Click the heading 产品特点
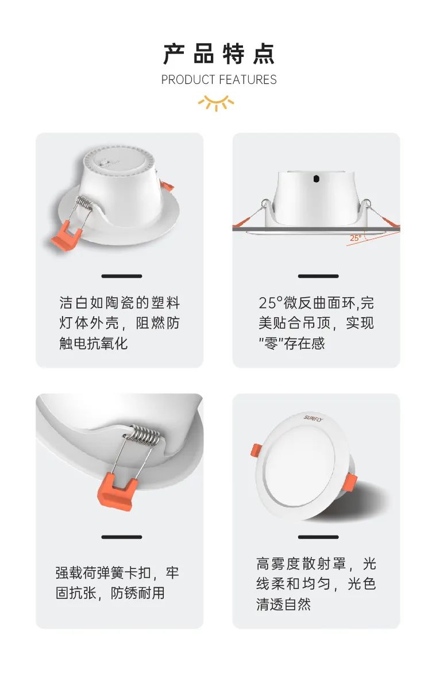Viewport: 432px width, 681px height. coord(219,54)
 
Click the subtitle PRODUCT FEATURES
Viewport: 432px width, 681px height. coord(219,80)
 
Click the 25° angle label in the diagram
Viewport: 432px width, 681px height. coord(356,238)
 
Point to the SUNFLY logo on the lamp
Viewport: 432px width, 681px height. coord(314,418)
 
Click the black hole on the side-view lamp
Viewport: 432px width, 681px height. coord(316,179)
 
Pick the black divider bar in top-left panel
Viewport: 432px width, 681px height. coord(122,276)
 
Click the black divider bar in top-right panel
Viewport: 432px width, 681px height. coord(318,276)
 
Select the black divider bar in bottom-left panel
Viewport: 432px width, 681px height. coord(122,537)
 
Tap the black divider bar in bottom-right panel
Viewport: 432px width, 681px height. coord(318,537)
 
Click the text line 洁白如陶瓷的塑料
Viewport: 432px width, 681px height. coord(119,303)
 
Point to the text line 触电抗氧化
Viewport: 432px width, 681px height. coord(93,343)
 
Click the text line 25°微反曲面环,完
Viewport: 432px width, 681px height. coord(316,303)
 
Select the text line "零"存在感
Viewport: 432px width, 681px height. coord(292,343)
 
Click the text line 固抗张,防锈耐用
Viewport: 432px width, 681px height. coord(110,593)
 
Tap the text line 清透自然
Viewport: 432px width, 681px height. coord(284,604)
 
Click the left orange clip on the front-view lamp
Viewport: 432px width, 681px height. coord(256,451)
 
